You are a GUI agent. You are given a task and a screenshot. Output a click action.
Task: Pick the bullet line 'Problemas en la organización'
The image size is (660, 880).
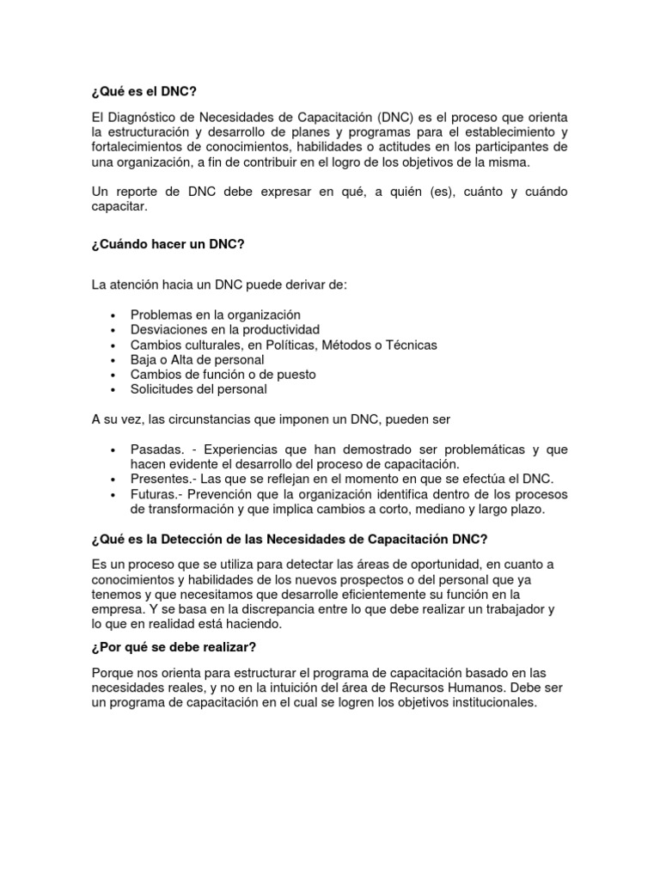tap(215, 315)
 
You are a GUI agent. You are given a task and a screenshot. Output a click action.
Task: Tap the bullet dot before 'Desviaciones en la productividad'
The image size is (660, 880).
tap(113, 330)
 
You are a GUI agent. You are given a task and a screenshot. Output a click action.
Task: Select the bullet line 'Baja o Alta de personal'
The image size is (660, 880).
tap(197, 359)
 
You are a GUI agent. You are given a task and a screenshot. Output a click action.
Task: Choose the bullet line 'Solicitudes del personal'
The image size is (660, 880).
tap(199, 389)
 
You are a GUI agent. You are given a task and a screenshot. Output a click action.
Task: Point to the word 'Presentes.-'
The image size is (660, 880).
tap(164, 479)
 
